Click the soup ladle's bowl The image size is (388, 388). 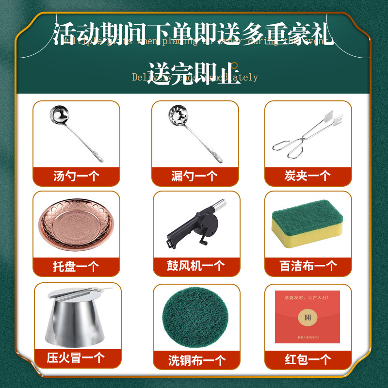[x=60, y=116]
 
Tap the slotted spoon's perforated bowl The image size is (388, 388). [x=177, y=116]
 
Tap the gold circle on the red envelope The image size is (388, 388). [x=307, y=318]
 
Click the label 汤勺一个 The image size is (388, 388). [x=76, y=176]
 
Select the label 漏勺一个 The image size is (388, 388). [x=194, y=176]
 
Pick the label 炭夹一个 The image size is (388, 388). [x=307, y=176]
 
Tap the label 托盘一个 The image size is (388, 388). [x=76, y=266]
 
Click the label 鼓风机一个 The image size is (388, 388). [x=196, y=266]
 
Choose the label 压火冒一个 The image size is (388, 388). [x=76, y=358]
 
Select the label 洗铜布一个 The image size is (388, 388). [x=196, y=360]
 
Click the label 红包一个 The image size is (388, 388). [x=308, y=359]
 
